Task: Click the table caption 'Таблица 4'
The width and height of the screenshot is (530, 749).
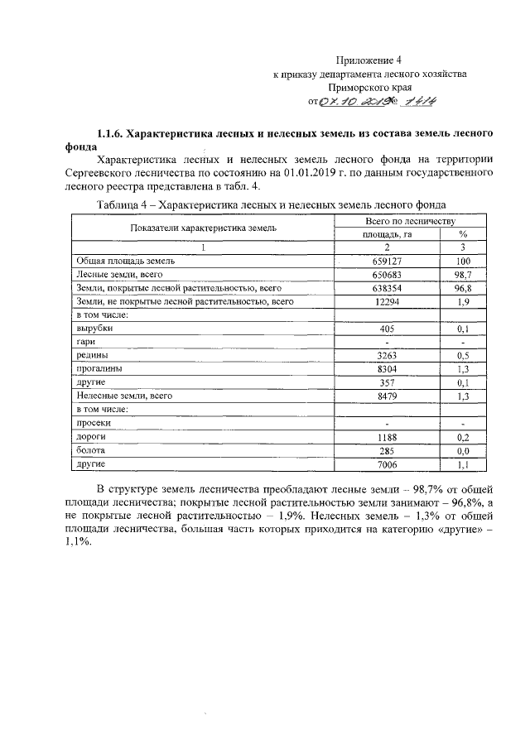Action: (126, 204)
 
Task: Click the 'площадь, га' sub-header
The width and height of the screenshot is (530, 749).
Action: (386, 234)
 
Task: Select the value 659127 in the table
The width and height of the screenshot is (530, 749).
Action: (386, 260)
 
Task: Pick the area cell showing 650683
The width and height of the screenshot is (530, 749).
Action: (386, 274)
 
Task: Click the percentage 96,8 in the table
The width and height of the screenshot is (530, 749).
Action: (463, 287)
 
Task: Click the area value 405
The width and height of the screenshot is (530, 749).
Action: (386, 329)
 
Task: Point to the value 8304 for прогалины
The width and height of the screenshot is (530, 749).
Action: (386, 369)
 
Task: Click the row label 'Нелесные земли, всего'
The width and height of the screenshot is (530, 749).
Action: (123, 396)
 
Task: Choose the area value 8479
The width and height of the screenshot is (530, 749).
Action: (386, 396)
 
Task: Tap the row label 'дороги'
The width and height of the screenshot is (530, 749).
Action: (90, 437)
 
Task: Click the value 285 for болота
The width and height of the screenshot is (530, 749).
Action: (386, 451)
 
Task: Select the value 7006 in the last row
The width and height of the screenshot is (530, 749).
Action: (386, 464)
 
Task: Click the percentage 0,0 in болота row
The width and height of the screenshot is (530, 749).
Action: (463, 451)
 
